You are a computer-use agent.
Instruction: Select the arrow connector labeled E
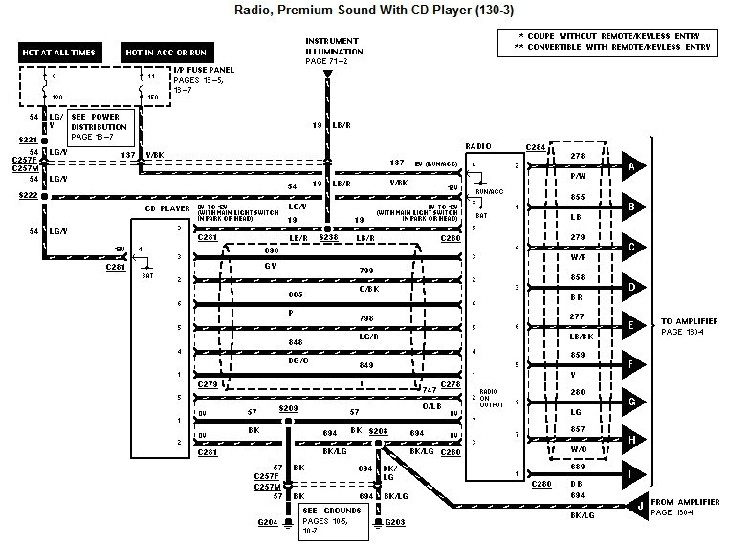pos(634,325)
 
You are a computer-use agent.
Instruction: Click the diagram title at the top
pos(373,12)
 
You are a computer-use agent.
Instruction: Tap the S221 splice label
pos(28,140)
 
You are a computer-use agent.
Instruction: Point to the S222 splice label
pos(28,194)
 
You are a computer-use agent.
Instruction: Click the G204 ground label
pos(267,522)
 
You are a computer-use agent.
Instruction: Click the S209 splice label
pos(288,407)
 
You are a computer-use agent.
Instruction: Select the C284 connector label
pos(537,147)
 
